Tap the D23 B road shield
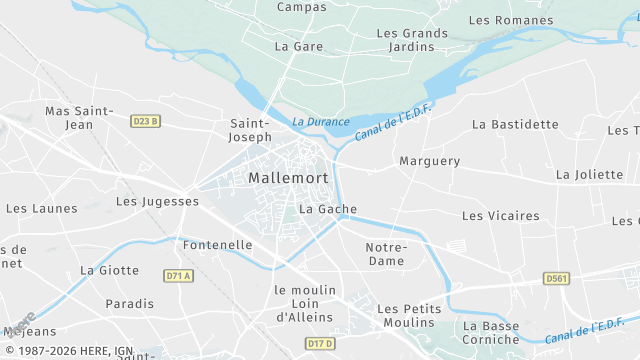[x=145, y=121]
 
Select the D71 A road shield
[x=177, y=274]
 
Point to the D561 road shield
[x=557, y=278]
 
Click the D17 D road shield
[x=319, y=344]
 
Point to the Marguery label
[x=429, y=161]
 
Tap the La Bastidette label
[x=515, y=124]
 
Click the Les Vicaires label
[x=500, y=216]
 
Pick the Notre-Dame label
[x=386, y=254]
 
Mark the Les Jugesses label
[x=157, y=201]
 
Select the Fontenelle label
[x=218, y=244]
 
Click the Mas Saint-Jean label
[x=78, y=118]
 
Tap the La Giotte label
[x=109, y=270]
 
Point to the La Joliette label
[x=589, y=174]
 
